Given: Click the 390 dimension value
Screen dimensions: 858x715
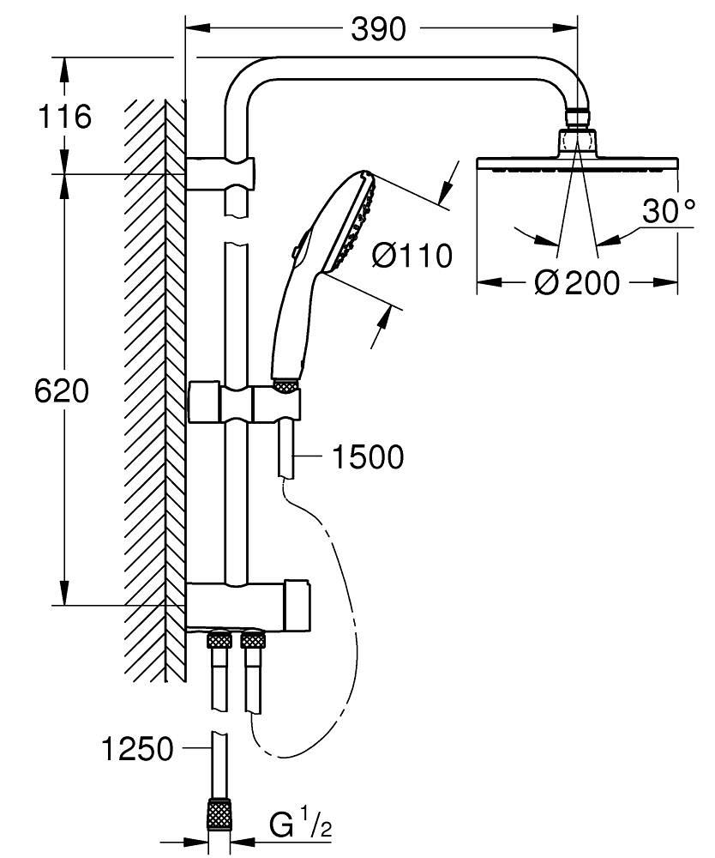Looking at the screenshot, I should click(377, 31).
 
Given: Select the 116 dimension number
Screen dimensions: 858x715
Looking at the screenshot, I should click(63, 116).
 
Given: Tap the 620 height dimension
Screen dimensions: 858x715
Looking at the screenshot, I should click(62, 391).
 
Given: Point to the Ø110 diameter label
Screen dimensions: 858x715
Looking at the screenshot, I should click(412, 256).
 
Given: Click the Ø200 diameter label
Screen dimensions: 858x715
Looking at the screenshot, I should click(576, 282).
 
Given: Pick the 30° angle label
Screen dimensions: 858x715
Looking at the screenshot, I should click(669, 211).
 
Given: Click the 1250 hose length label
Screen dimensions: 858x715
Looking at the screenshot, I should click(137, 749).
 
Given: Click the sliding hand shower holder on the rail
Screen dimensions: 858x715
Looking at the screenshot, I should click(244, 402).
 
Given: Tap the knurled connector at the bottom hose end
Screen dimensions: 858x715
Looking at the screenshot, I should click(220, 814).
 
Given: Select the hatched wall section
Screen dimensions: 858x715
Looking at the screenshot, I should click(154, 386).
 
